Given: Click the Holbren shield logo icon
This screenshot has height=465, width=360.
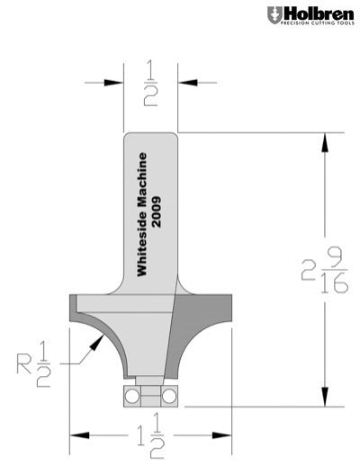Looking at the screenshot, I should point(274,15).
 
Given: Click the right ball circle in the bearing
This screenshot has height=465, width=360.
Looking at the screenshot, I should point(167,395).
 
